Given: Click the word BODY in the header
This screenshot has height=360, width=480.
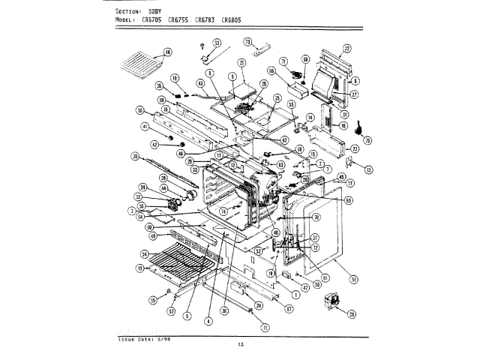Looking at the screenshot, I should pos(156,13).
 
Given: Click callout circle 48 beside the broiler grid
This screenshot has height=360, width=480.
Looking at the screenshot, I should pos(166,52).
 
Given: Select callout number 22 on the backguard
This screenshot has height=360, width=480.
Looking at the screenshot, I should pos(346,49).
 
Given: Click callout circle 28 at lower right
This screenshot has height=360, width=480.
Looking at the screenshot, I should pos(351,315).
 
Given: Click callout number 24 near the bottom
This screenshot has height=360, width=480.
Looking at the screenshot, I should pos(258,304).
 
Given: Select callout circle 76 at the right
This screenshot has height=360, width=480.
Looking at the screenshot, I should pos(367,139).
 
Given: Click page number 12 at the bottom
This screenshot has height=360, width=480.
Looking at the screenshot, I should pos(241,344).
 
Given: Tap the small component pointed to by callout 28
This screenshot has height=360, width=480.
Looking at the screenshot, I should pos(328,304).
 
